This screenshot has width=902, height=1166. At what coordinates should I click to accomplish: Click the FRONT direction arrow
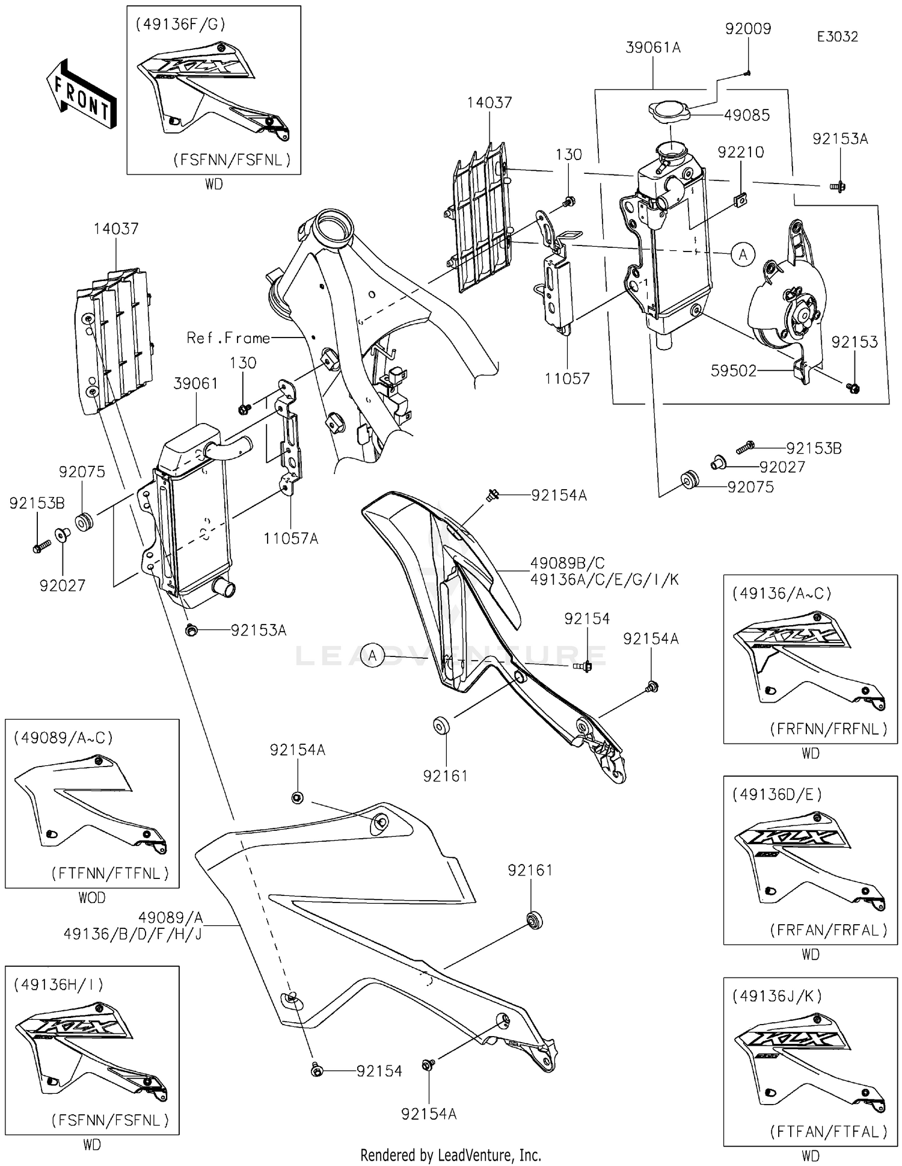81,94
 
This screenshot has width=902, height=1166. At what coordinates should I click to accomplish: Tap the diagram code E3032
837,37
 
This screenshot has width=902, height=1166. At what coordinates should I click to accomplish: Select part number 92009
748,29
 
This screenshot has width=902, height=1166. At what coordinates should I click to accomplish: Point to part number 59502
733,371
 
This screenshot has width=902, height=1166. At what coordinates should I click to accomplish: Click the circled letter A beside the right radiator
743,254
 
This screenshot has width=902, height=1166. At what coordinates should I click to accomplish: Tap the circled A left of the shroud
373,655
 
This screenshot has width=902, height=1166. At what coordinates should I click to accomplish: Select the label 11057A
290,538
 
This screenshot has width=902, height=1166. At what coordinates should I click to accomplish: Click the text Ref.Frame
228,338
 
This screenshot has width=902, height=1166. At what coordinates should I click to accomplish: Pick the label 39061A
653,48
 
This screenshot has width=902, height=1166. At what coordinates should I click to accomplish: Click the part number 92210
740,152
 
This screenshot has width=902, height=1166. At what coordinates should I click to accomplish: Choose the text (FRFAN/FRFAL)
829,930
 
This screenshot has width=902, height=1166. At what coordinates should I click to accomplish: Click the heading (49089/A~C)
63,738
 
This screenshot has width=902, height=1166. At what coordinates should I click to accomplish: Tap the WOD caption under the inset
91,898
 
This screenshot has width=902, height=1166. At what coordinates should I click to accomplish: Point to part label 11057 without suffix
567,378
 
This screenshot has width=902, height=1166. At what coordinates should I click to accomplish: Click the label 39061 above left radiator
195,384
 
